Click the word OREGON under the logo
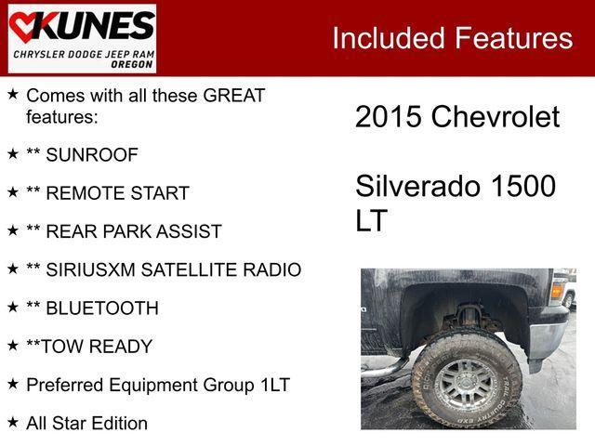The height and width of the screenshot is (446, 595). pyautogui.click(x=132, y=64)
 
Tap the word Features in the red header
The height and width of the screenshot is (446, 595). pyautogui.click(x=514, y=38)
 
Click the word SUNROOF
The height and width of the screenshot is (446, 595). pyautogui.click(x=92, y=155)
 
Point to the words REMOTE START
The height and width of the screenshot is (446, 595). pyautogui.click(x=118, y=193)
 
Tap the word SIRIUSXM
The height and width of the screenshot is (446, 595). pyautogui.click(x=90, y=269)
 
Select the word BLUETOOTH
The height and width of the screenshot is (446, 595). pyautogui.click(x=102, y=308)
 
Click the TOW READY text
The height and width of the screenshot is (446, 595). pyautogui.click(x=97, y=347)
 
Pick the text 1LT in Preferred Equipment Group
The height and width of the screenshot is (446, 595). pyautogui.click(x=275, y=385)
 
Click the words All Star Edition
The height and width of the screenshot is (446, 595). pyautogui.click(x=86, y=424)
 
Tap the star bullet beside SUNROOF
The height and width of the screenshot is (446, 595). pyautogui.click(x=13, y=153)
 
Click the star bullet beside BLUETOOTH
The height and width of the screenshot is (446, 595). pyautogui.click(x=13, y=307)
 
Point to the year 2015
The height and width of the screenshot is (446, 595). pyautogui.click(x=389, y=116)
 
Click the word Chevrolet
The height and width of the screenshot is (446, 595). pyautogui.click(x=496, y=116)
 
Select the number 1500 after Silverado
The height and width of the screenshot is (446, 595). pyautogui.click(x=523, y=186)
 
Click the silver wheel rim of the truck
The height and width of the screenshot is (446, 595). pyautogui.click(x=466, y=384)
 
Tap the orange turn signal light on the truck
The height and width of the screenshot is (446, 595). pyautogui.click(x=556, y=290)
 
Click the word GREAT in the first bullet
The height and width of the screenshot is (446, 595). pyautogui.click(x=234, y=95)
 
